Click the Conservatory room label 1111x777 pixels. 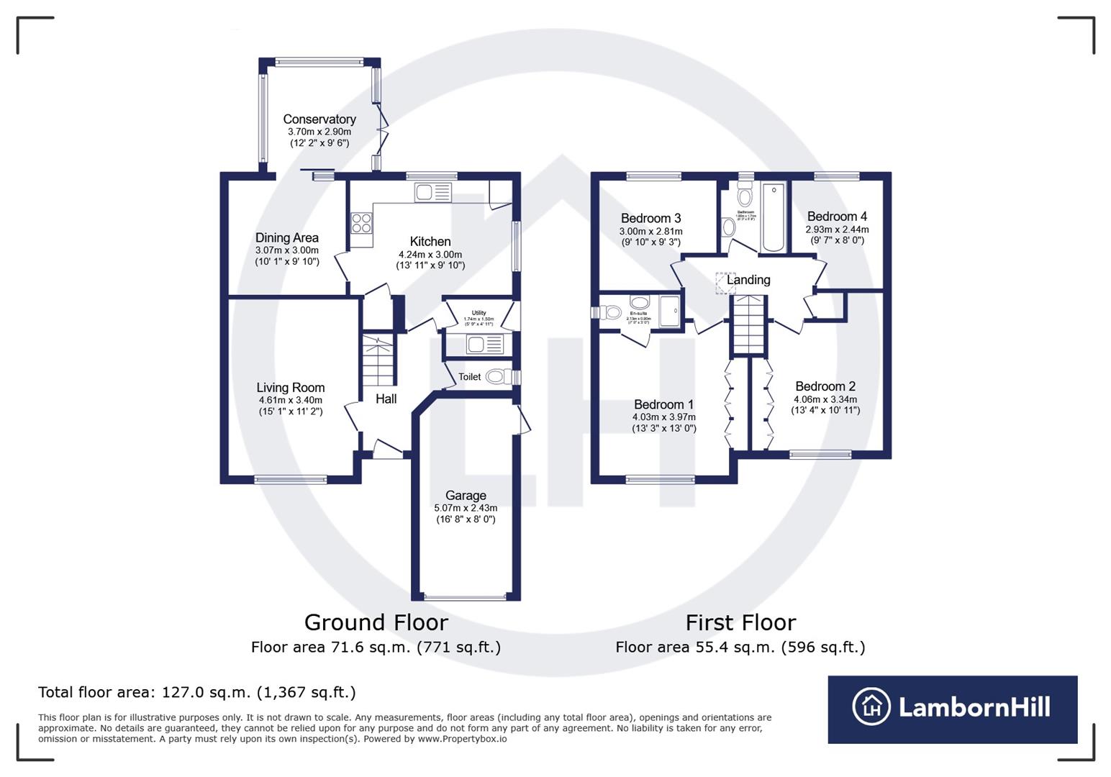pos(319,119)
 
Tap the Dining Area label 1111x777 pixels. pos(286,238)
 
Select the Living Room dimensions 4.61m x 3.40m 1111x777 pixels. pos(290,400)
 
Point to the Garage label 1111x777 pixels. pos(466,496)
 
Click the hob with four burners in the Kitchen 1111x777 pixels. pos(361,223)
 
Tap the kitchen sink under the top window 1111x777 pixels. pos(432,192)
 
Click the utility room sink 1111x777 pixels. pos(484,345)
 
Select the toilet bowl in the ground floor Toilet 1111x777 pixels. pos(496,376)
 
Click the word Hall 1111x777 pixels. pos(386,399)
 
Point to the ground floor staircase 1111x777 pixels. pos(378,360)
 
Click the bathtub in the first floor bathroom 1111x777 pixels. pos(773,217)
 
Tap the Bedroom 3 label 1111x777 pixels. pos(650,219)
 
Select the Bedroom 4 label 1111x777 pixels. pos(836,217)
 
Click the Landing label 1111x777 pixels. pos(748,280)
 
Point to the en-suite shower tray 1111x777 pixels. pos(669,311)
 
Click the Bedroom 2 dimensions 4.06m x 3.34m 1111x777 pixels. pos(825,399)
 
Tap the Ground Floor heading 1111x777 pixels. pos(376,622)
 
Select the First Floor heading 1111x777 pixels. pos(740,622)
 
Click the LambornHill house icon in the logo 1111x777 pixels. pos(871,707)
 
